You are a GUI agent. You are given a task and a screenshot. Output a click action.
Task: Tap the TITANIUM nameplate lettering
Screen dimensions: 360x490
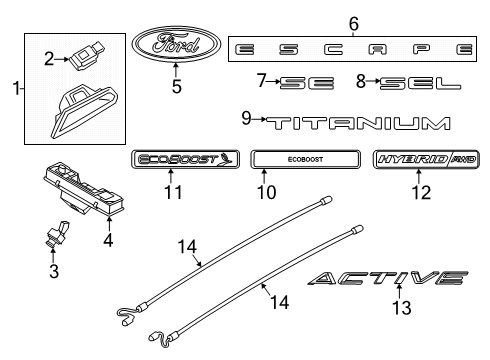pos(356,123)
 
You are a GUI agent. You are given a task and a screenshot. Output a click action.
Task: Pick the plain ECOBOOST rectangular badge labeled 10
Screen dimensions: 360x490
pos(304,160)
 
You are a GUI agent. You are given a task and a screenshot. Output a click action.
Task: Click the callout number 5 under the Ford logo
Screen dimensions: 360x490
pos(176,87)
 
